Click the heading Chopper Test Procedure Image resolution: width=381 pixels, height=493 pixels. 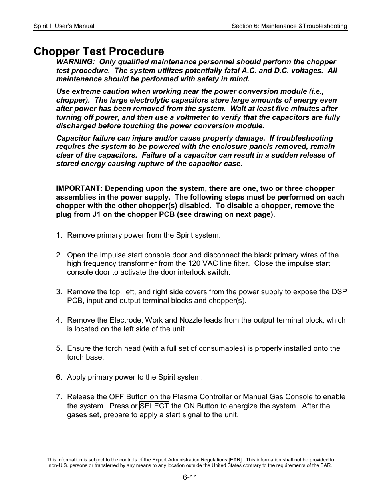tap(99, 51)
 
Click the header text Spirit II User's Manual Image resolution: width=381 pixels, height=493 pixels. tap(64, 26)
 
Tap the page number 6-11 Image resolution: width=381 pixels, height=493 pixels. tap(190, 477)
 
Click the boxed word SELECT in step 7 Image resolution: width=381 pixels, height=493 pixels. tap(154, 406)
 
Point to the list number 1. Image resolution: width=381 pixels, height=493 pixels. tap(59, 235)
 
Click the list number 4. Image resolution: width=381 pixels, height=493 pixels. tap(59, 320)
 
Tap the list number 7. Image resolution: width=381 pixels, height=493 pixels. tap(59, 397)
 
